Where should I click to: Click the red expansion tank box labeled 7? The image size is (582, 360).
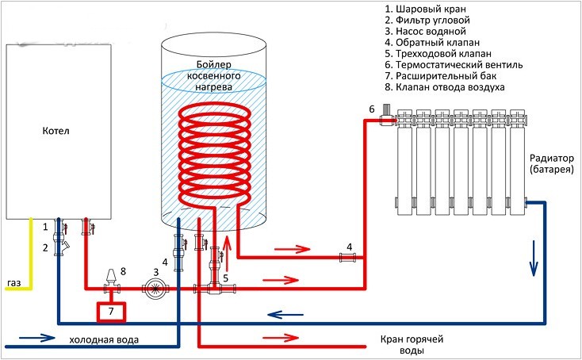pos(110,312)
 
